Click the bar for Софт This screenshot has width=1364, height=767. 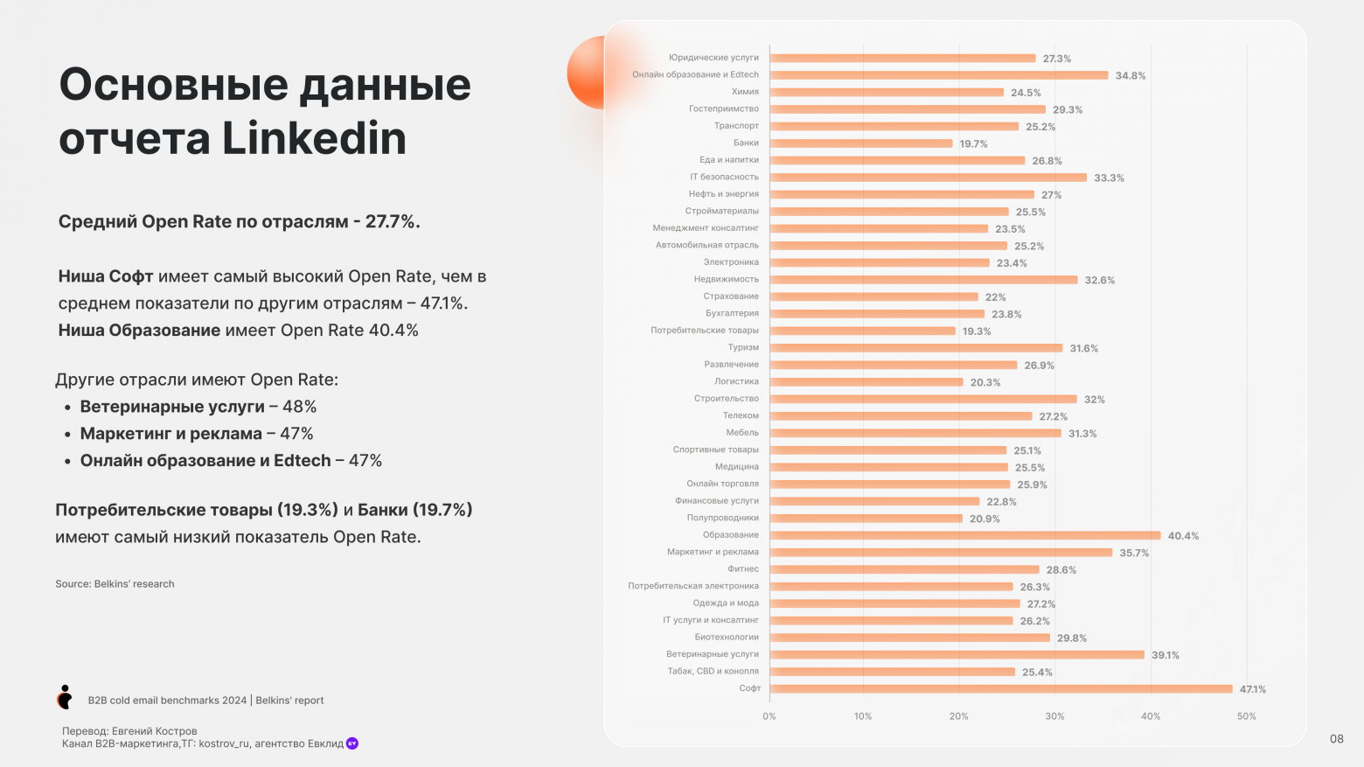1000,688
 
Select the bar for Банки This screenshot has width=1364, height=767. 860,143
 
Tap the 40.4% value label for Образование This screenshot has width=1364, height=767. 1183,536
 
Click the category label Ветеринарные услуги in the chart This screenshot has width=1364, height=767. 712,654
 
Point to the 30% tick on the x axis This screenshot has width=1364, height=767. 1054,716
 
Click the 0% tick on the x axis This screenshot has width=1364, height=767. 769,716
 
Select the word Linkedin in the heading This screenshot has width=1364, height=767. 314,139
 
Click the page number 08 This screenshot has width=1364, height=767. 1336,739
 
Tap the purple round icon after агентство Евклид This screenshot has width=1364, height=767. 352,743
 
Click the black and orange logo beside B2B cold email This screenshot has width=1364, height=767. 65,697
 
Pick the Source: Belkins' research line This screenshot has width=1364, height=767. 115,584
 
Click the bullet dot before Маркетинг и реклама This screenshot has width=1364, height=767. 67,435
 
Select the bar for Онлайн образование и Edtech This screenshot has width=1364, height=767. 938,75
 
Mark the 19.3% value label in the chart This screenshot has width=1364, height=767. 977,331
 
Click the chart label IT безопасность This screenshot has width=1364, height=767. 724,177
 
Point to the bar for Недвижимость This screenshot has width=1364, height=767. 923,280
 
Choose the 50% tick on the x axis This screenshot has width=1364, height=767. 1246,716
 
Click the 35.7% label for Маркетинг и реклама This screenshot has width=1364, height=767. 1134,553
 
